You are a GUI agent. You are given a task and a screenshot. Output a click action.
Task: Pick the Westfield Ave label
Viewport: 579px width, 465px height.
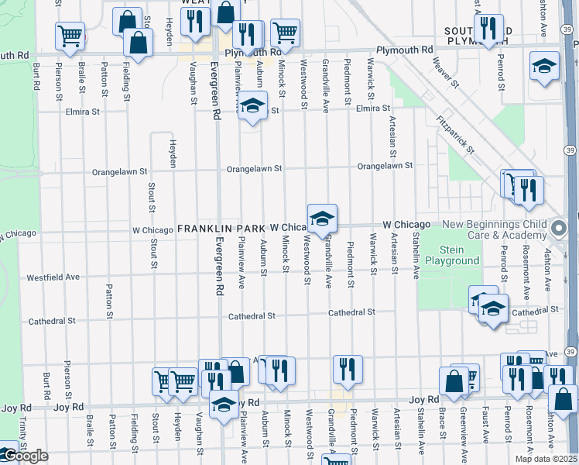pos(53,277)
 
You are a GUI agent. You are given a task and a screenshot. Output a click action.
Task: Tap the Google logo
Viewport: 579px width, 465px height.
pos(25,456)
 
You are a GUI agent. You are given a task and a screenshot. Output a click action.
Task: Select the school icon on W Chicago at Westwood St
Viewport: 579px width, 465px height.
pos(322,219)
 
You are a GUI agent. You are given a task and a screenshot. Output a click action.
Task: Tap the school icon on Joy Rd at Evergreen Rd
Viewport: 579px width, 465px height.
pos(224,405)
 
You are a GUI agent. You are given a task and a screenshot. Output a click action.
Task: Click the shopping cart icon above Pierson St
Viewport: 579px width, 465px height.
pos(70,36)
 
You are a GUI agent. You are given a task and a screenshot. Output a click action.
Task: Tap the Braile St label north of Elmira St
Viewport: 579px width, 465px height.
pos(81,77)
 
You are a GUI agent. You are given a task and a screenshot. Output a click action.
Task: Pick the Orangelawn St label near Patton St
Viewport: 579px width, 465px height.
pos(119,172)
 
